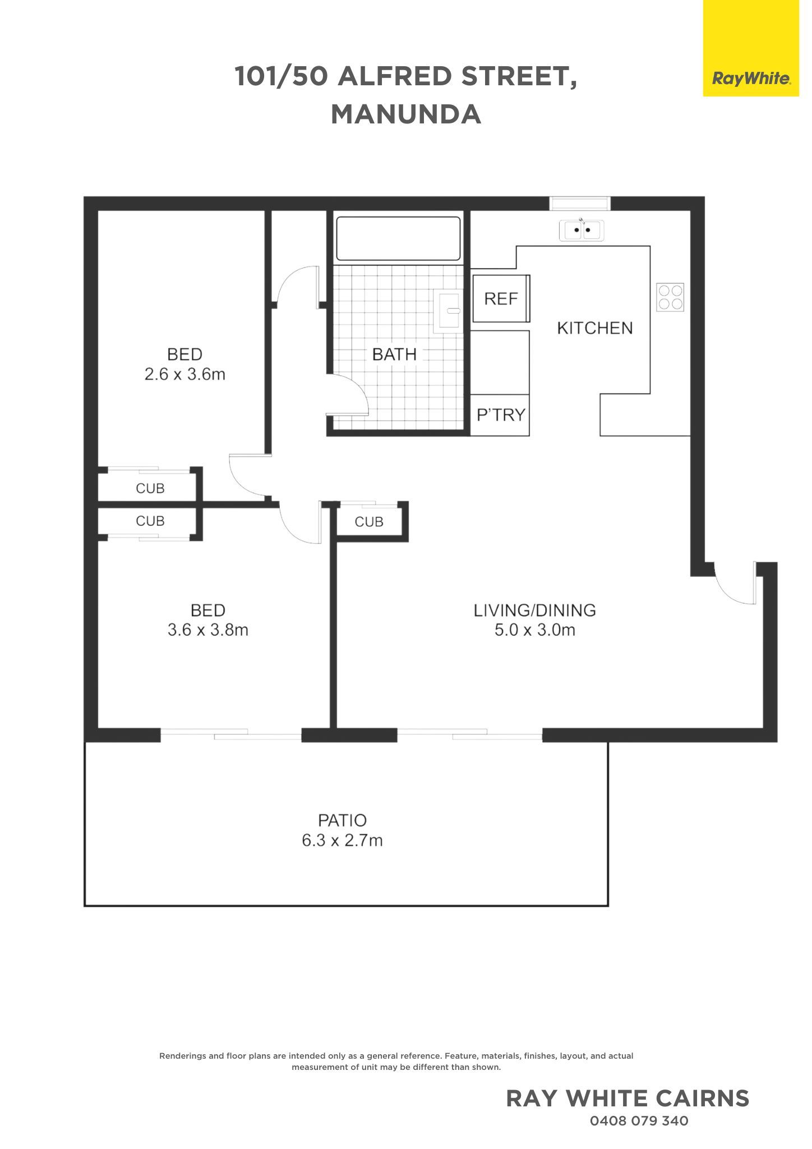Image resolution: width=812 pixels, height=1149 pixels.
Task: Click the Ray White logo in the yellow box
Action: (x=751, y=79)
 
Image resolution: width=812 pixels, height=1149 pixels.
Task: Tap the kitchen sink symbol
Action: (x=582, y=230)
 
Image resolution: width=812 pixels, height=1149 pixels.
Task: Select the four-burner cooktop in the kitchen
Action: (x=670, y=297)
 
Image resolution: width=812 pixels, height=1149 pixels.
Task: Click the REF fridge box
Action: (x=501, y=298)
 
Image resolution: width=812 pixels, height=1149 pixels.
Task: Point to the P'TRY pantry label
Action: (x=501, y=415)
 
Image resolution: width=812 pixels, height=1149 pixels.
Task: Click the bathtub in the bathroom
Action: (x=398, y=238)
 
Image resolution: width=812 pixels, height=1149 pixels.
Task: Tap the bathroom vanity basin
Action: (x=449, y=311)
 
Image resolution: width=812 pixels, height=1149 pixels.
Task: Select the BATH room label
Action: (x=394, y=355)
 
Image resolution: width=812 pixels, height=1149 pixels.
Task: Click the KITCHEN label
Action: (x=595, y=328)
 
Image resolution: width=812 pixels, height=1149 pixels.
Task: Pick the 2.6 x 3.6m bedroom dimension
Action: (x=185, y=374)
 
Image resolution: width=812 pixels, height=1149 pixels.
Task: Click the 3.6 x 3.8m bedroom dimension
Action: (x=208, y=630)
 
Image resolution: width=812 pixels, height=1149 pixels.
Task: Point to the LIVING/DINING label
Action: (x=535, y=610)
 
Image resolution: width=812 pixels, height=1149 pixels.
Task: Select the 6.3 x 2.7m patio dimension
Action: (x=343, y=840)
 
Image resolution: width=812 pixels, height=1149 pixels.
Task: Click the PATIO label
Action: (x=343, y=821)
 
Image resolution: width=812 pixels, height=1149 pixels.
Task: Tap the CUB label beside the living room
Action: (x=369, y=522)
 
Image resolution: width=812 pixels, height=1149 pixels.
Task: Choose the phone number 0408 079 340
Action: (x=639, y=1121)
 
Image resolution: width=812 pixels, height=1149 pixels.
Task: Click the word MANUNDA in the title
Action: (x=406, y=114)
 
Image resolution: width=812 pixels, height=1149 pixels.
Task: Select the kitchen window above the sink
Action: (x=580, y=203)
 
